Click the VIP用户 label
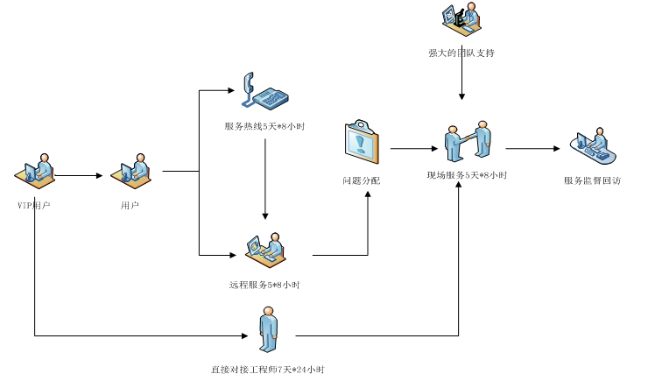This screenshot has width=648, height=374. [34, 205]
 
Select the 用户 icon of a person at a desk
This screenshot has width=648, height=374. [131, 171]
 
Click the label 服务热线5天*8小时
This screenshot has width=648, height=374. [264, 127]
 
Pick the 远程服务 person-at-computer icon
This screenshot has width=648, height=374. [265, 250]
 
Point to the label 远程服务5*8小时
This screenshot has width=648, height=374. [264, 285]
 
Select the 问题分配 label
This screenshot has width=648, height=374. [362, 180]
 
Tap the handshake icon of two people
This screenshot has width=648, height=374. [467, 142]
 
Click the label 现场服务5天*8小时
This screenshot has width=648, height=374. [467, 175]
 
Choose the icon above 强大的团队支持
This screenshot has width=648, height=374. [461, 18]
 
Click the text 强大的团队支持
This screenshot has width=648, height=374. [461, 53]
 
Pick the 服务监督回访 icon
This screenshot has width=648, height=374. [593, 145]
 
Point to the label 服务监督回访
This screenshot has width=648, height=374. [593, 180]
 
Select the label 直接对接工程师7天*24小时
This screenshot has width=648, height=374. [267, 370]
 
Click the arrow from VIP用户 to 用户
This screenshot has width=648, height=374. [80, 175]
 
